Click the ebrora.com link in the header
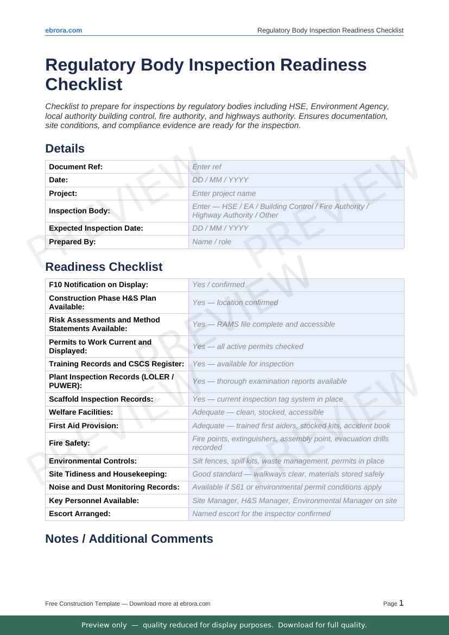click(x=64, y=30)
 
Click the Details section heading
click(x=65, y=149)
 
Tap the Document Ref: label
click(x=75, y=167)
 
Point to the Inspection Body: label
click(x=79, y=211)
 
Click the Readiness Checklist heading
click(x=104, y=267)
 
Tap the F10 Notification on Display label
click(x=98, y=284)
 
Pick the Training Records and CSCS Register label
click(x=116, y=364)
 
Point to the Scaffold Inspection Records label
click(x=101, y=399)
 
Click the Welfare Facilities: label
click(x=81, y=412)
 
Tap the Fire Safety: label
click(x=69, y=443)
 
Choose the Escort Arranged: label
click(x=79, y=513)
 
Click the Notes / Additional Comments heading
click(x=129, y=539)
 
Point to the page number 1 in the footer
click(x=401, y=603)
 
